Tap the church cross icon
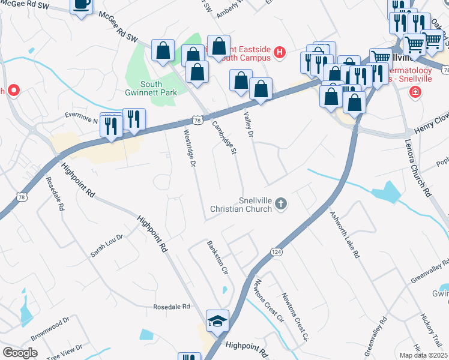point(280,205)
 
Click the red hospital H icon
point(279,53)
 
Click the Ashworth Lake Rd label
point(344,234)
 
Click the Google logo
point(20,353)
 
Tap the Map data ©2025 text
point(424,355)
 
